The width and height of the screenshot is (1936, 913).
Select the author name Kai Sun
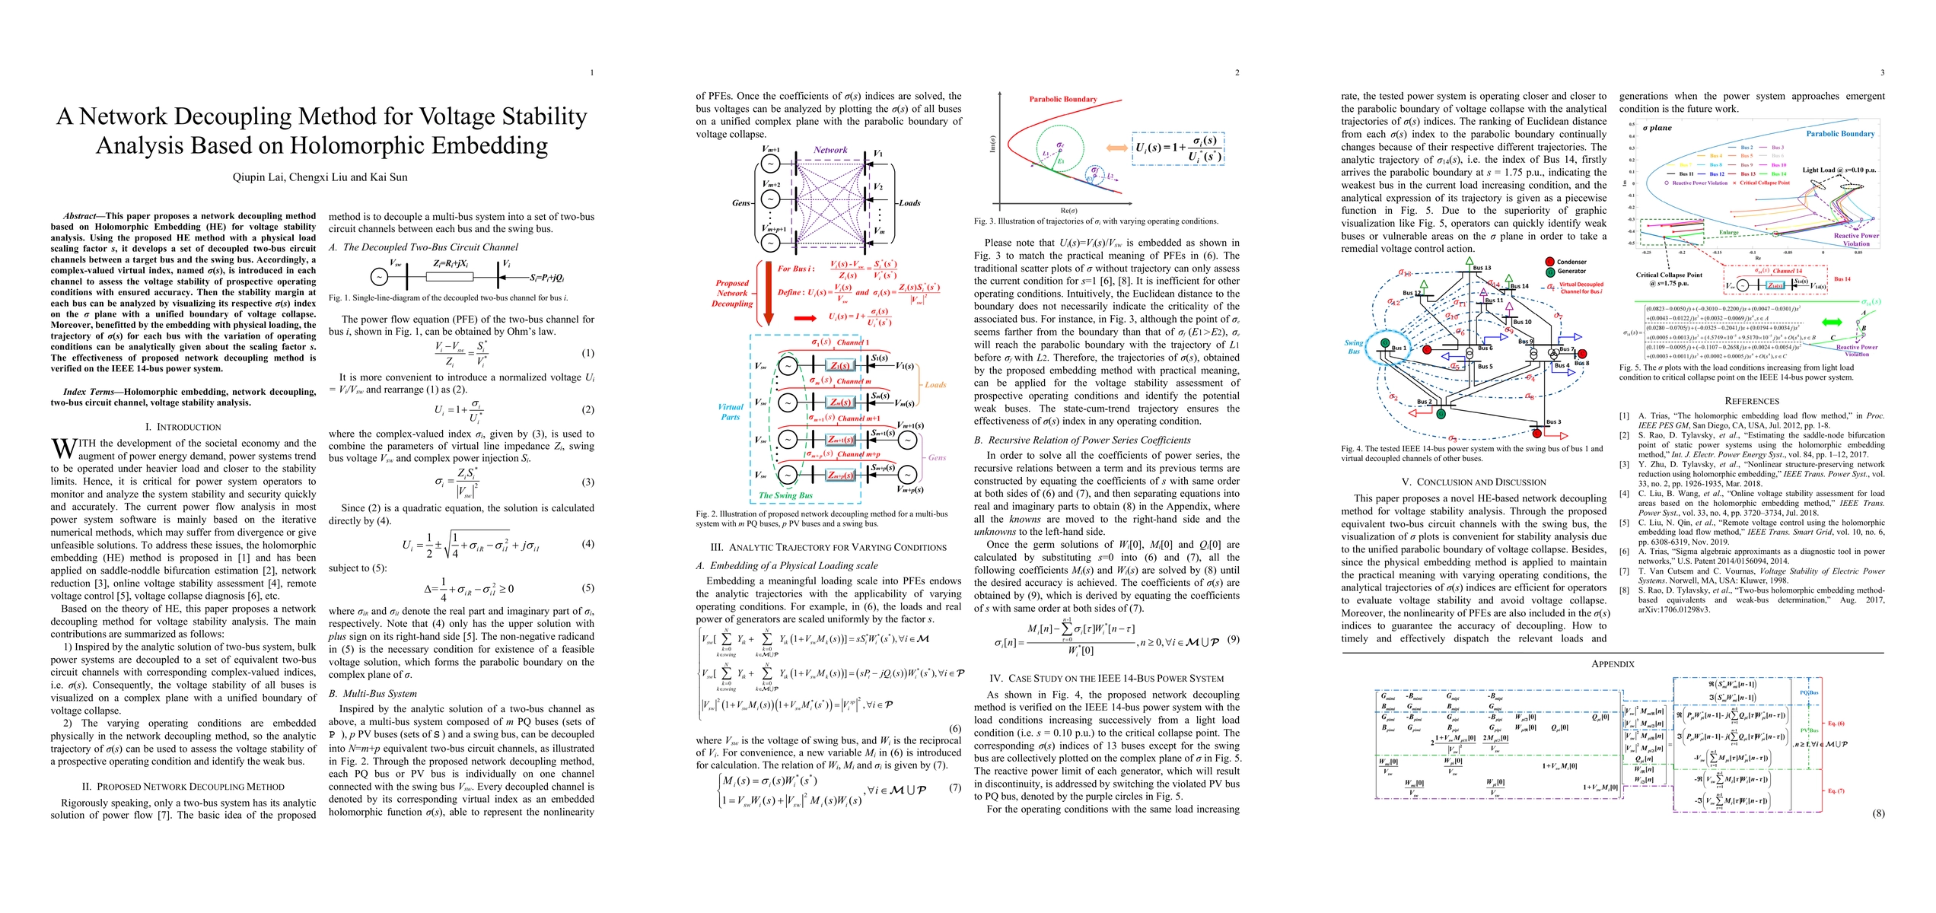click(387, 177)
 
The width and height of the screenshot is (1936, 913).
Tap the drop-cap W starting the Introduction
click(63, 447)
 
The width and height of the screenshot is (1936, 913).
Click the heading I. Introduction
click(183, 427)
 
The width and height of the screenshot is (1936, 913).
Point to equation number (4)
click(587, 544)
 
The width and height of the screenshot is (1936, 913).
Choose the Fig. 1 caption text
click(448, 297)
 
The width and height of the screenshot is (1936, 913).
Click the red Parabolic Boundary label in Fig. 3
click(1062, 99)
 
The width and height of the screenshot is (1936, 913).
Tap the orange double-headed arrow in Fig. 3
click(1116, 149)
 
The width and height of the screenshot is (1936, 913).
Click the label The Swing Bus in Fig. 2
click(785, 495)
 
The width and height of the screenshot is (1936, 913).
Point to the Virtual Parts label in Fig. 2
click(730, 412)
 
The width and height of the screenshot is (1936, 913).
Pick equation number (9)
click(1233, 639)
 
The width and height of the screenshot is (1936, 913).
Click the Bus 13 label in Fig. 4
click(1482, 268)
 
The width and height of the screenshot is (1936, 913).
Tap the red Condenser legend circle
click(1549, 262)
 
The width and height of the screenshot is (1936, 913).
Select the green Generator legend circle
click(1549, 272)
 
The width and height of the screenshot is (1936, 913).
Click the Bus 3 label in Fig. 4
click(1553, 422)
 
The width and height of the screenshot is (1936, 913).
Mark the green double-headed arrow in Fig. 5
click(1825, 323)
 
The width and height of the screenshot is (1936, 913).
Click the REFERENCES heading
click(1751, 401)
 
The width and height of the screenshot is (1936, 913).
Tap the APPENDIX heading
click(1613, 664)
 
